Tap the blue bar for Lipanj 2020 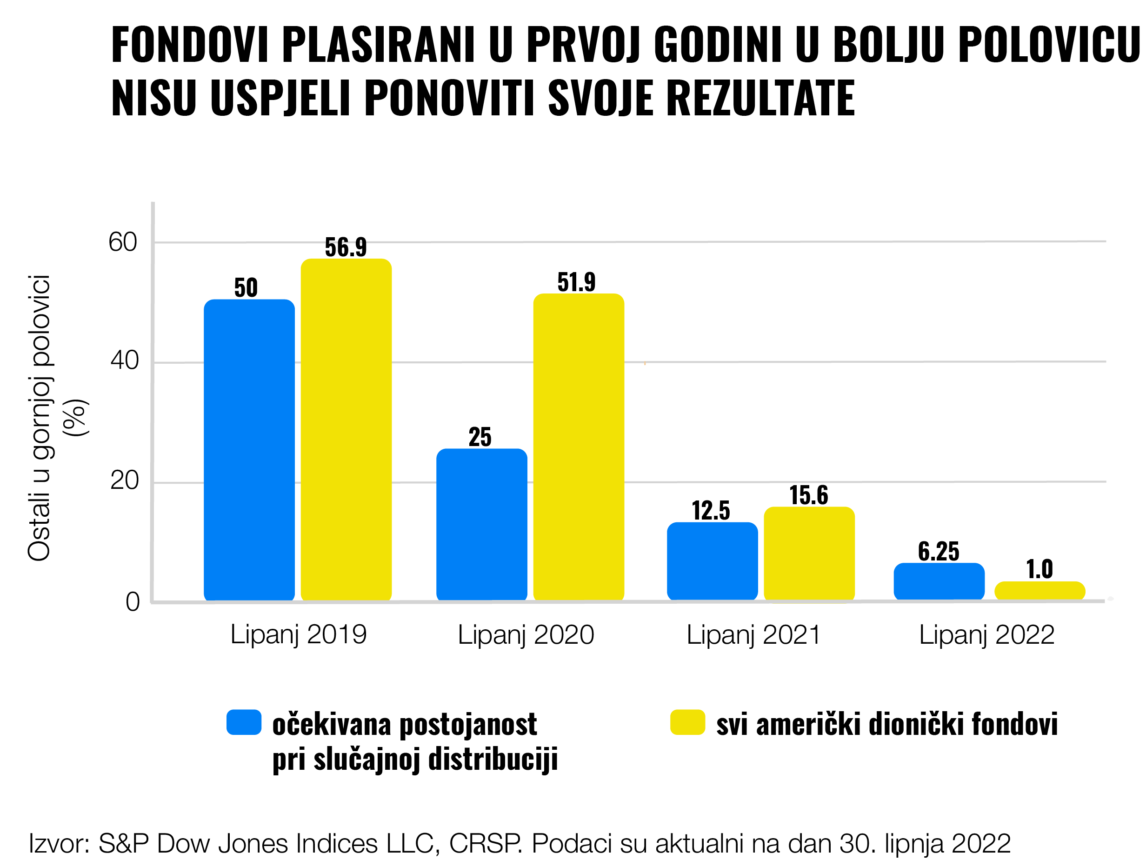pos(481,524)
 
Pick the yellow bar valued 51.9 pos(578,447)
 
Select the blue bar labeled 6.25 pos(939,581)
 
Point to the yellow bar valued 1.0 pos(1039,590)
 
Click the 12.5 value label pos(711,511)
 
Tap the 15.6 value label pos(808,495)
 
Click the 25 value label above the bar pos(480,437)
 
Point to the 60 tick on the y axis pos(123,242)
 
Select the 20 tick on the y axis pos(124,481)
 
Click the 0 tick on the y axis pos(133,602)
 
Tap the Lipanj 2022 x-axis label pos(986,635)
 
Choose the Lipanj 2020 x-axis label pos(526,635)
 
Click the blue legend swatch pos(244,722)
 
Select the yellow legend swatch pos(687,722)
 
